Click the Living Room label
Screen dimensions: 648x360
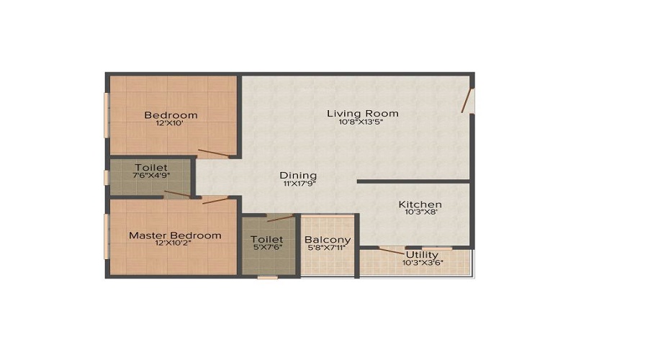point(362,113)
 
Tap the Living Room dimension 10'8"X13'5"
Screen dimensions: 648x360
point(361,122)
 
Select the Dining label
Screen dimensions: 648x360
point(298,176)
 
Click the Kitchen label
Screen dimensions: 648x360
point(420,204)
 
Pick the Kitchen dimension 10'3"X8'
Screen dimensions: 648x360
point(421,212)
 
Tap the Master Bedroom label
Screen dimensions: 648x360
point(175,235)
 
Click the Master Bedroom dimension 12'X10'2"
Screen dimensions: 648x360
point(173,243)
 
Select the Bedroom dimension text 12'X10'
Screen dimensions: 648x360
point(170,122)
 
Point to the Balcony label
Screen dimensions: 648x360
point(328,240)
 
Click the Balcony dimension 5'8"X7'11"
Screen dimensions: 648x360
point(326,248)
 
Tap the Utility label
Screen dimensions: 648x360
point(422,255)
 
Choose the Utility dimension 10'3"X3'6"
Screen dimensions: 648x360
point(423,263)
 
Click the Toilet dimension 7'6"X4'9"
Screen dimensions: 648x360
point(151,175)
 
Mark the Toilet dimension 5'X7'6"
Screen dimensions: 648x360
point(266,247)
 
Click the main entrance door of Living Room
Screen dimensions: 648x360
point(467,100)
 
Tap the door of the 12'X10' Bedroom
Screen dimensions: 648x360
point(213,153)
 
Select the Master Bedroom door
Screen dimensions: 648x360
point(215,200)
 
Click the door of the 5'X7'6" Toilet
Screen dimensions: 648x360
point(280,218)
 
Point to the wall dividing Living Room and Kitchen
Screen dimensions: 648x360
point(413,181)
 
